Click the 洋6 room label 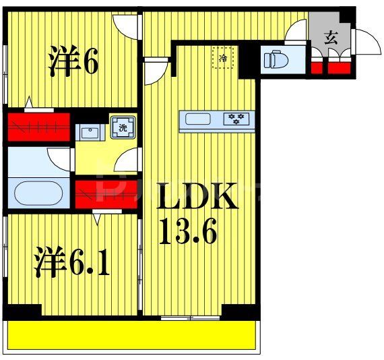click(73, 62)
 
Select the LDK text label click(197, 198)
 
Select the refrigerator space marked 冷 click(223, 57)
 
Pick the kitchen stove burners click(236, 119)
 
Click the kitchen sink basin click(198, 120)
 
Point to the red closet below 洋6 click(39, 126)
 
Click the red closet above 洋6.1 click(107, 193)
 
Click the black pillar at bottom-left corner click(23, 311)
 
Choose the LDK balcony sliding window click(191, 316)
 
